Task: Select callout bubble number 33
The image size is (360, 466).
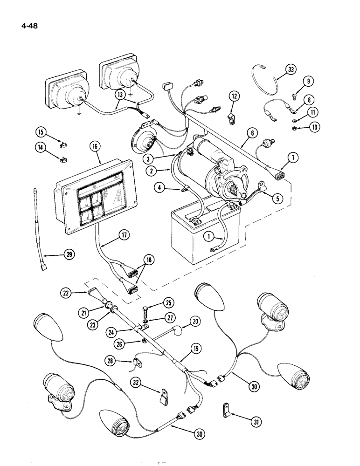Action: (291, 70)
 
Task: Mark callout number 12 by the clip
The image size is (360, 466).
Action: (234, 96)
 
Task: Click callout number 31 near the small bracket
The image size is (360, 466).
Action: (256, 422)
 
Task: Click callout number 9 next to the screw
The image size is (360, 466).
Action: (308, 81)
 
